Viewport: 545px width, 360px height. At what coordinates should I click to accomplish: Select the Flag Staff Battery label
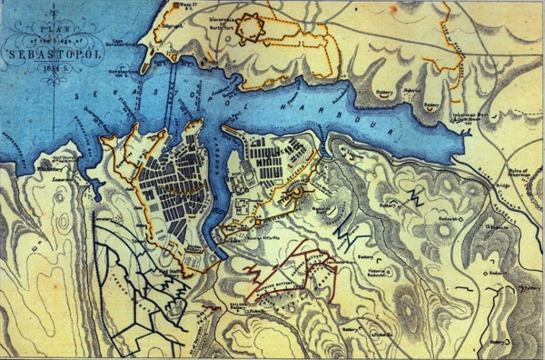click(x=167, y=272)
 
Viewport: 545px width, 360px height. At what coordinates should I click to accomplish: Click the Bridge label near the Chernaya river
click(x=503, y=186)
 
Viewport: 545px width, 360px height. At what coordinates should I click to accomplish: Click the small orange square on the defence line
click(x=257, y=221)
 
